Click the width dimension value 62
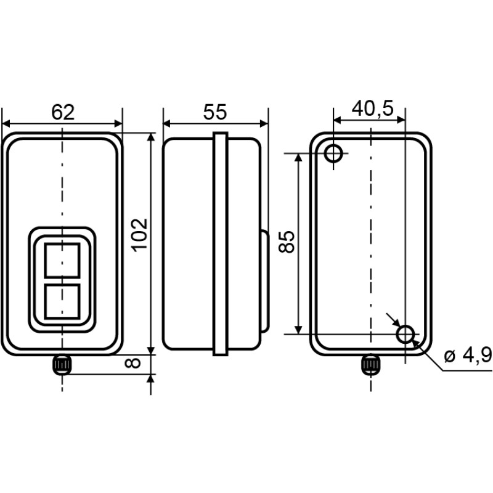click(63, 112)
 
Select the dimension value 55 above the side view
click(214, 112)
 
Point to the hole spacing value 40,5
click(373, 109)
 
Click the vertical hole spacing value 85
click(287, 242)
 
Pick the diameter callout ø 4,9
click(468, 356)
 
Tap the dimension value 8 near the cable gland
click(132, 363)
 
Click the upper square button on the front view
click(62, 260)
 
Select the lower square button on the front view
click(62, 302)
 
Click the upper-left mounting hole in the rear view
click(333, 153)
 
